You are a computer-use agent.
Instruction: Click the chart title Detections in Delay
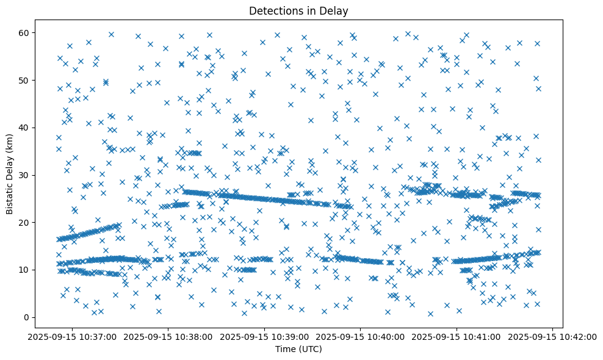click(298, 10)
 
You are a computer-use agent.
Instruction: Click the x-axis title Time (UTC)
click(298, 349)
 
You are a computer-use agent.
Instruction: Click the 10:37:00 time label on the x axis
click(73, 337)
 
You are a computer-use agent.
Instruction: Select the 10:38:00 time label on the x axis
click(168, 337)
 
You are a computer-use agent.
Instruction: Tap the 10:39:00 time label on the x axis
click(265, 337)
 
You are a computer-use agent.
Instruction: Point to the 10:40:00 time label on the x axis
click(361, 337)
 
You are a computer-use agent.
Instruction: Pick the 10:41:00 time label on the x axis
click(457, 337)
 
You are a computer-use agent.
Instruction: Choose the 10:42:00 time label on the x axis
click(553, 337)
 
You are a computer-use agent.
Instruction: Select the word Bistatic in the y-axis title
click(10, 198)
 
